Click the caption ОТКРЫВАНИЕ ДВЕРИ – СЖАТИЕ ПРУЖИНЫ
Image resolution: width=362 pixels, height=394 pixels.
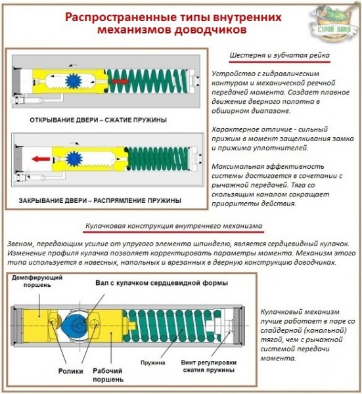(x=98, y=120)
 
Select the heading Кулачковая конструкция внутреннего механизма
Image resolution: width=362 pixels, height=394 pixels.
(x=173, y=227)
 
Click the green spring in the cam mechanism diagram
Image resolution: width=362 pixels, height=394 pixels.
(x=162, y=324)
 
